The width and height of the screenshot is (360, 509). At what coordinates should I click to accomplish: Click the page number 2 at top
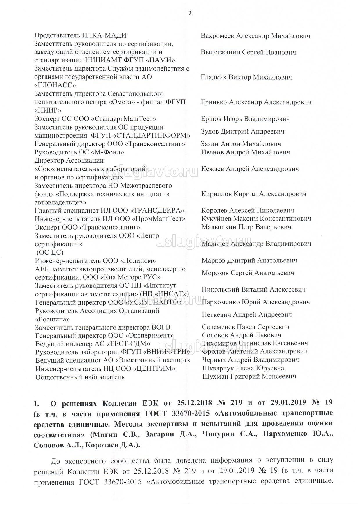click(x=190, y=13)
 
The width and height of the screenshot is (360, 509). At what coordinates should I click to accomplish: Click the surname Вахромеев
click(x=217, y=36)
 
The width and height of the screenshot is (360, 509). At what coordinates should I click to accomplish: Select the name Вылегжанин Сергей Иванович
click(x=248, y=52)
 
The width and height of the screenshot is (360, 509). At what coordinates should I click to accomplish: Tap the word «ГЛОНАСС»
click(x=55, y=85)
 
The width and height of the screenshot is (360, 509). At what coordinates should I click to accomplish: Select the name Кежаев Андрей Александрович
click(x=250, y=169)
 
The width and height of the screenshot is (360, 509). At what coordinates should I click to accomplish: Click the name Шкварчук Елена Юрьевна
click(x=243, y=368)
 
